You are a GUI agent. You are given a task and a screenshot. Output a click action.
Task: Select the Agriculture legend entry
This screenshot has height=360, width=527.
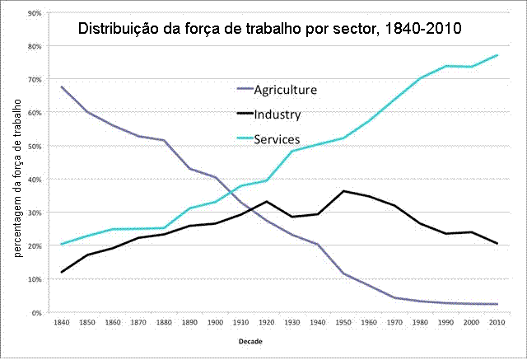pos(285,90)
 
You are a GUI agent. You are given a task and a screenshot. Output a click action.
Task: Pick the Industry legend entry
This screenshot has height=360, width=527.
pos(277,115)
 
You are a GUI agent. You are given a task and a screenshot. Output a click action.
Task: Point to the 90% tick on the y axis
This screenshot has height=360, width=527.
pos(36,14)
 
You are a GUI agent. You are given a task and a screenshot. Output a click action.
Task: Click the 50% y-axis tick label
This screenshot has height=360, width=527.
pos(36,147)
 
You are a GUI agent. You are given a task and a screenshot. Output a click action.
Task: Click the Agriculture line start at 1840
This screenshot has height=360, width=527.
pos(63,86)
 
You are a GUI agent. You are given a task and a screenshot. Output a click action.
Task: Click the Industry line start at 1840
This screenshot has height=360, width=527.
pos(63,272)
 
